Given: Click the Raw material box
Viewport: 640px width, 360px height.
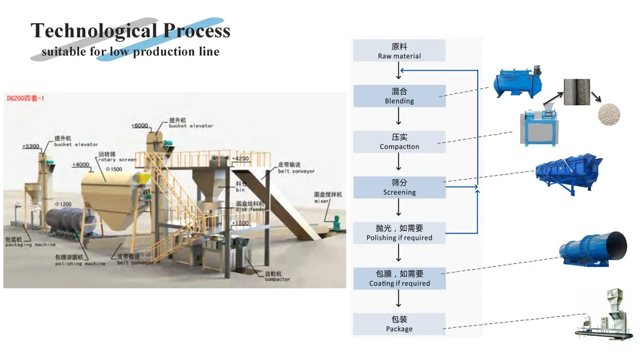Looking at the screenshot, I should click(x=399, y=51).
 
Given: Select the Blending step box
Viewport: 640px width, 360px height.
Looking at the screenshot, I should click(x=399, y=96).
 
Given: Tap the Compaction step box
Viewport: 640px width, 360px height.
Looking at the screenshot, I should click(x=399, y=141).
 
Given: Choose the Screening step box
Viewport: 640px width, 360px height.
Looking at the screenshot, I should click(x=399, y=187).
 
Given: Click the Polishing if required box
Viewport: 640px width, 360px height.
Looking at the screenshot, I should click(x=399, y=233).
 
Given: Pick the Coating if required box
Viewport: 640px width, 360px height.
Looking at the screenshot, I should click(x=399, y=278).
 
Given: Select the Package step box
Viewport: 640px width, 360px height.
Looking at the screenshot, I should click(x=399, y=324).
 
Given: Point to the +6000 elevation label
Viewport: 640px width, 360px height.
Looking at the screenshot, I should click(x=139, y=126).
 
